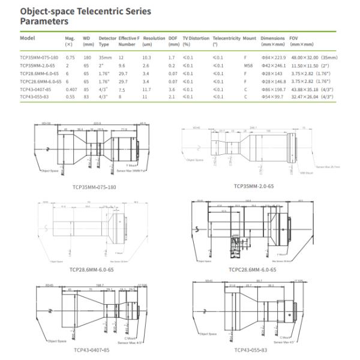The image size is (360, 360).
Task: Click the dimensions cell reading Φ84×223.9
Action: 272,57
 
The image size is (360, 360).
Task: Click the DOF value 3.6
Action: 172,89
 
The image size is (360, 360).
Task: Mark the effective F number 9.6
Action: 122,65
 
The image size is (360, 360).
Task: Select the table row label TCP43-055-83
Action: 35,97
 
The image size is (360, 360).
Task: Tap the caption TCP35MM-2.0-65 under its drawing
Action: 254,186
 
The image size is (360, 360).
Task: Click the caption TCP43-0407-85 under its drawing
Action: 92,349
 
